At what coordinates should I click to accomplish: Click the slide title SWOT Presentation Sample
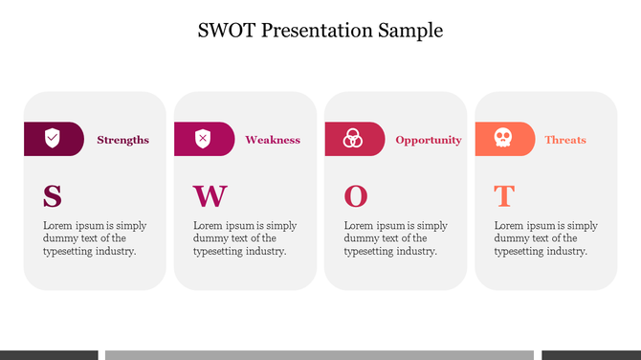pyautogui.click(x=320, y=30)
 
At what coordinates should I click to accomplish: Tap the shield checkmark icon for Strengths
pyautogui.click(x=53, y=139)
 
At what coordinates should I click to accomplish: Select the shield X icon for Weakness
pyautogui.click(x=203, y=139)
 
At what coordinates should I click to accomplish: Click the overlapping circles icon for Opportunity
pyautogui.click(x=353, y=139)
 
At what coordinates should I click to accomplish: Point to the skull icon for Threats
pyautogui.click(x=502, y=139)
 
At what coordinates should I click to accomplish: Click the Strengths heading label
pyautogui.click(x=122, y=140)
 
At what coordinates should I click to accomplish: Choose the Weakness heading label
pyautogui.click(x=273, y=140)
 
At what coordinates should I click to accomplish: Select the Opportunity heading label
pyautogui.click(x=429, y=140)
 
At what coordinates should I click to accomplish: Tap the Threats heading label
pyautogui.click(x=565, y=140)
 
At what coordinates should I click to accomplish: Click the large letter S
pyautogui.click(x=53, y=196)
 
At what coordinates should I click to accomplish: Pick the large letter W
pyautogui.click(x=210, y=196)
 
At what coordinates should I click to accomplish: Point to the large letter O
pyautogui.click(x=355, y=196)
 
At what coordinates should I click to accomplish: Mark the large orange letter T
pyautogui.click(x=503, y=196)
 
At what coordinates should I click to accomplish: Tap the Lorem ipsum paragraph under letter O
pyautogui.click(x=395, y=238)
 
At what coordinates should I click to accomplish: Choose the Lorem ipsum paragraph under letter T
pyautogui.click(x=545, y=238)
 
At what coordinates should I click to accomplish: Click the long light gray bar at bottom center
pyautogui.click(x=319, y=354)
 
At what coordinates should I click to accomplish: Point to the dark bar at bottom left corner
pyautogui.click(x=49, y=354)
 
